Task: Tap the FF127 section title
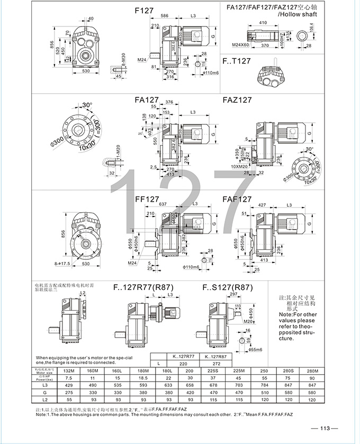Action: (147, 199)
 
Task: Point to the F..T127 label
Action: (237, 61)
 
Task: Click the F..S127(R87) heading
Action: (228, 288)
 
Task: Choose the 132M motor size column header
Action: (68, 371)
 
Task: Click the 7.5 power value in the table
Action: (68, 379)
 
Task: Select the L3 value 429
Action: (68, 387)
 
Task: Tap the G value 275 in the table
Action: (68, 394)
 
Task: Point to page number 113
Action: (325, 428)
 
